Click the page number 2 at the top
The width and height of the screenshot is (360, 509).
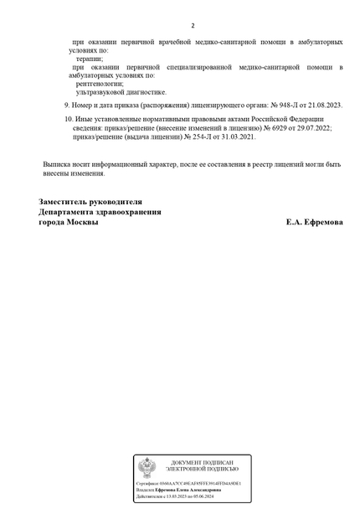[193, 25]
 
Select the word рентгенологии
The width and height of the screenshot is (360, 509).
[100, 83]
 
